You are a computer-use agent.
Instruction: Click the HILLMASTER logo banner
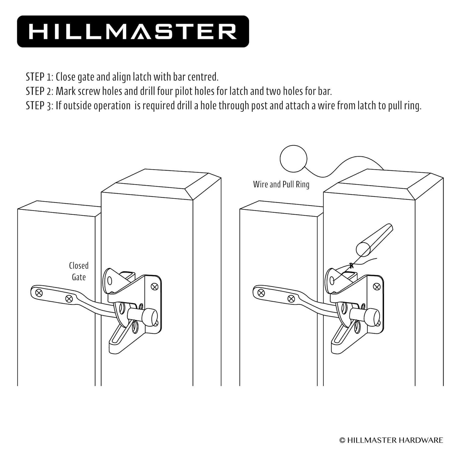pos(133,31)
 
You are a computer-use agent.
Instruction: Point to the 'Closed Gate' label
pos(78,271)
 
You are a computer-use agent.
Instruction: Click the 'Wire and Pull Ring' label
pos(281,184)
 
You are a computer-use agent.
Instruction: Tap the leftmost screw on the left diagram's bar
pos(39,293)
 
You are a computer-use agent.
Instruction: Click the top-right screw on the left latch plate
pos(154,286)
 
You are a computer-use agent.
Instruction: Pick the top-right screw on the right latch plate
pos(377,286)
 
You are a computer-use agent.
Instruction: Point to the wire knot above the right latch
pos(351,265)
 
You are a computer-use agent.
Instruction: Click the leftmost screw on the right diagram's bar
pos(261,293)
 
